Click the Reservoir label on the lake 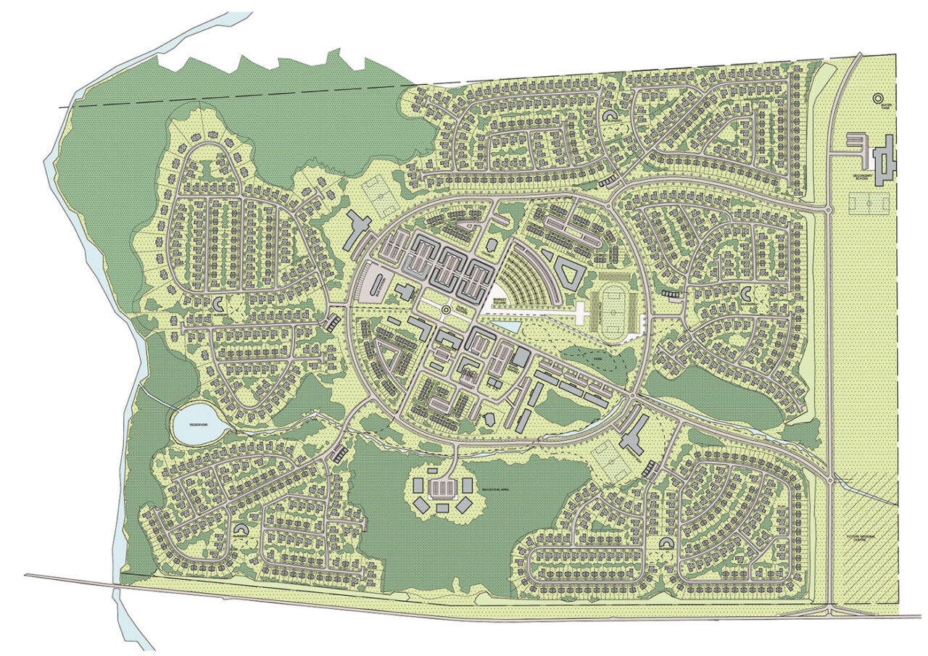(x=199, y=425)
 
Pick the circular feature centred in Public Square (x=445, y=310)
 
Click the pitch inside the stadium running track (x=614, y=314)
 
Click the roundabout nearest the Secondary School (x=829, y=209)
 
